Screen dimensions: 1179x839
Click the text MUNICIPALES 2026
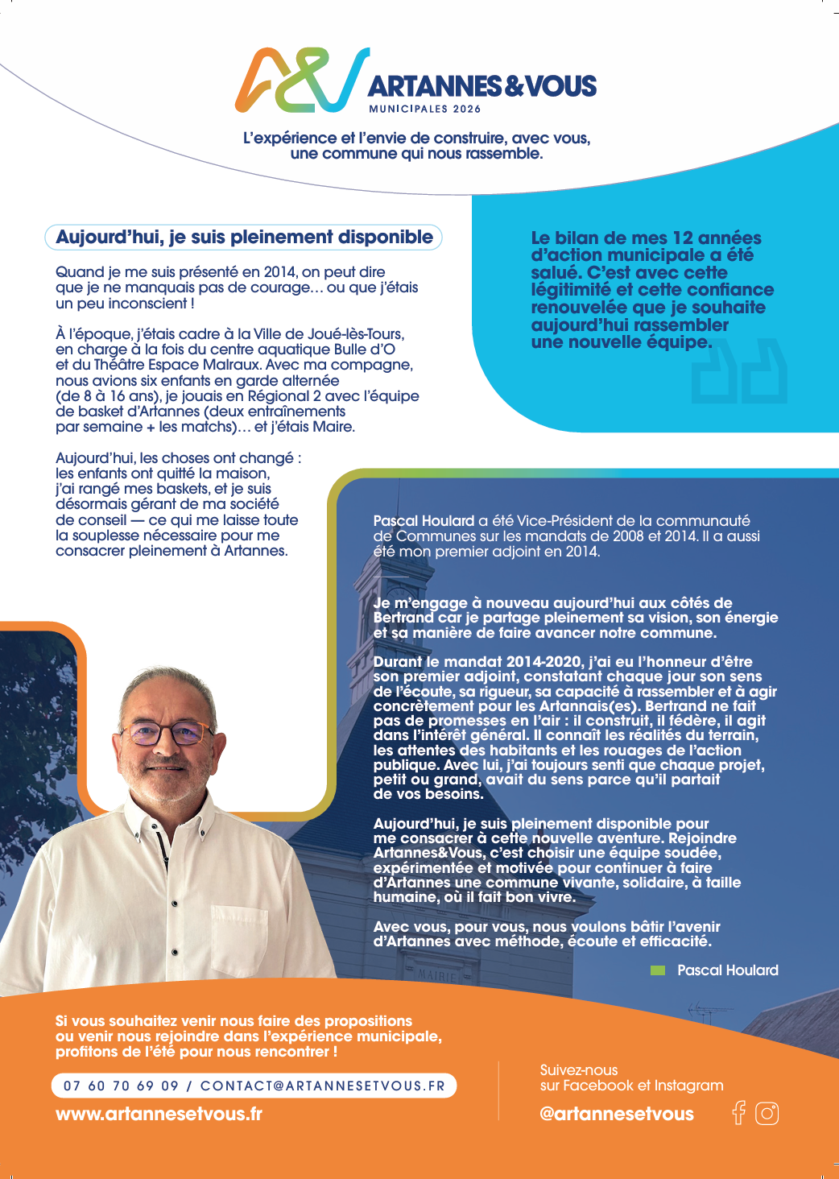pos(424,109)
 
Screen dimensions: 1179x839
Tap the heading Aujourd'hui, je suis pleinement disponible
pos(244,237)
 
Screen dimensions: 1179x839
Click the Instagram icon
pos(767,1114)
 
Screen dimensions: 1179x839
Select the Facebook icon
pos(738,1113)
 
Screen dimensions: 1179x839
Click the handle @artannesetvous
pos(616,1114)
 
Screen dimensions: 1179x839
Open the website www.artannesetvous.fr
pos(159,1114)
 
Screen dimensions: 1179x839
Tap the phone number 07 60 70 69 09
pos(121,1086)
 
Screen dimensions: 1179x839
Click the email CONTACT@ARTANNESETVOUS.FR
pos(322,1086)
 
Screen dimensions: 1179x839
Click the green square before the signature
pos(658,970)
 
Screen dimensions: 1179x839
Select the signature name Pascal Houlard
pos(728,970)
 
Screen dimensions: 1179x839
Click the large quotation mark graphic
pos(739,371)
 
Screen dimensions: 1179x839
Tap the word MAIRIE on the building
pos(437,975)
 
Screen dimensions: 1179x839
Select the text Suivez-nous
pos(579,1070)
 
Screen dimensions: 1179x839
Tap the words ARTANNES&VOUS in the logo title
pos(481,86)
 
